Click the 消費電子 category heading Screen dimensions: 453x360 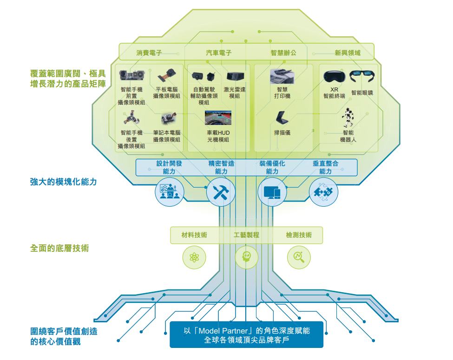click(x=149, y=53)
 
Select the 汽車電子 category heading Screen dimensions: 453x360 click(x=219, y=53)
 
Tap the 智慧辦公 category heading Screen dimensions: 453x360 click(x=283, y=53)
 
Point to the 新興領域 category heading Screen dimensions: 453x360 click(x=348, y=53)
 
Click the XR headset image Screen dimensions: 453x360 click(x=334, y=77)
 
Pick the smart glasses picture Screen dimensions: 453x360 click(x=362, y=76)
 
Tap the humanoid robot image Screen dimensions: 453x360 click(x=348, y=118)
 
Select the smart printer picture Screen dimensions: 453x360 click(x=282, y=76)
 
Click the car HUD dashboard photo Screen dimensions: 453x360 click(x=218, y=118)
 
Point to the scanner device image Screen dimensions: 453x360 click(x=282, y=118)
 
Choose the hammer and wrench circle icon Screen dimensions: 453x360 click(x=221, y=192)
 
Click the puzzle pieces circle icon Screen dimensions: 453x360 click(x=323, y=192)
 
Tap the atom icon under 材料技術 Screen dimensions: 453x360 click(x=194, y=257)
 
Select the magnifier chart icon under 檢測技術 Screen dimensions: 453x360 click(x=299, y=257)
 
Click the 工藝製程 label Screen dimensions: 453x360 click(x=246, y=235)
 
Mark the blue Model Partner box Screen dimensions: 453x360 click(x=246, y=334)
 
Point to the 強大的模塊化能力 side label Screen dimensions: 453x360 click(x=63, y=182)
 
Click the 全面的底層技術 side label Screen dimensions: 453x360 click(x=59, y=248)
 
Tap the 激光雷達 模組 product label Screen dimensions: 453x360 click(x=234, y=93)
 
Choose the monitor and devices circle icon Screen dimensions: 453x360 click(x=272, y=192)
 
